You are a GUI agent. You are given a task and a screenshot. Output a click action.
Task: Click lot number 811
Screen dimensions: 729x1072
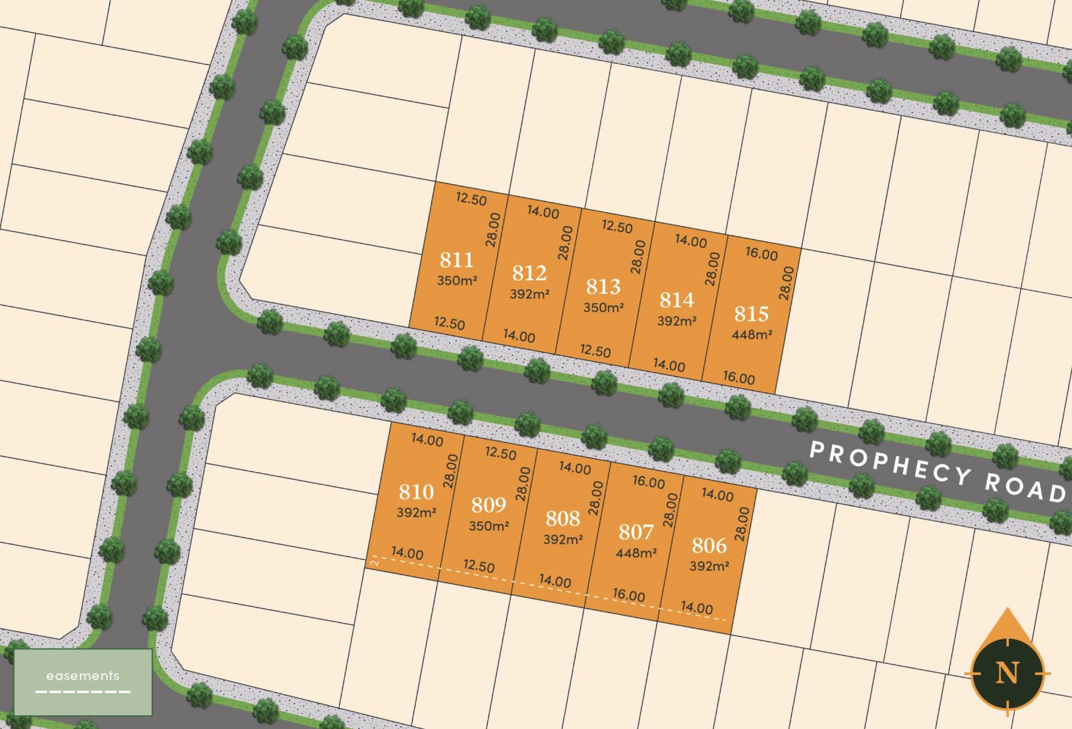point(456,260)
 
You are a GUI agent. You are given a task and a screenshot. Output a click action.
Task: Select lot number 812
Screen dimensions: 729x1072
point(529,273)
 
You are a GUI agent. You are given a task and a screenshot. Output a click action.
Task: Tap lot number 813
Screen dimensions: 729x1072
point(603,287)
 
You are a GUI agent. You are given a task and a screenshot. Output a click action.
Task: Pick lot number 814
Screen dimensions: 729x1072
point(677,300)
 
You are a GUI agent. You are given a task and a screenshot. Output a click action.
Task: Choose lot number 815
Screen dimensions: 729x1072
point(752,314)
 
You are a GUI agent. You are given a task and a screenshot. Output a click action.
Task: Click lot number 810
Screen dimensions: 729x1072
point(416,492)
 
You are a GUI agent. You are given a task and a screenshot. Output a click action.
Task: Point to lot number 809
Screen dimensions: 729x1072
point(489,505)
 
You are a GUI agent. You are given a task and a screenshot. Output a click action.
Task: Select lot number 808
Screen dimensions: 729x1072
point(562,519)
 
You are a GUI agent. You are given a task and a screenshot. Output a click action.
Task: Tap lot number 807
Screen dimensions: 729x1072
point(636,532)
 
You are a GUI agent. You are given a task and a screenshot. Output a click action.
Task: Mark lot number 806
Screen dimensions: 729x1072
point(709,546)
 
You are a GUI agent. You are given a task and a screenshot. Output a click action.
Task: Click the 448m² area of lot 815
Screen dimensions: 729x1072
point(752,334)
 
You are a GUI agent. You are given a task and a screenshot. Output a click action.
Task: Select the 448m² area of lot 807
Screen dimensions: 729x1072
point(636,553)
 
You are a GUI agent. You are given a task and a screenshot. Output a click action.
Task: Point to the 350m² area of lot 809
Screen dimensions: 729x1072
point(489,526)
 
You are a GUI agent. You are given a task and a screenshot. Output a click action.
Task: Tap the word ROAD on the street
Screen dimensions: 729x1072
point(1025,487)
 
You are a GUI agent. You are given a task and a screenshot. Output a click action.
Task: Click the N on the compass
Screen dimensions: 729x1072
point(1007,672)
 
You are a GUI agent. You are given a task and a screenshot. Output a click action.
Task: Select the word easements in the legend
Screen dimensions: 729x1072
point(83,676)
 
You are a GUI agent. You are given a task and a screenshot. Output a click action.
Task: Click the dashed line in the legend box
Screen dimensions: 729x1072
point(83,691)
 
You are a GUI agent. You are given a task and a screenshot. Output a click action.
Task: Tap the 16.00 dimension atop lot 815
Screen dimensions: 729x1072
point(761,254)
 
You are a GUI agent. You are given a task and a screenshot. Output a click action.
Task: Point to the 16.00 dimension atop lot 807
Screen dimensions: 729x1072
point(649,482)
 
